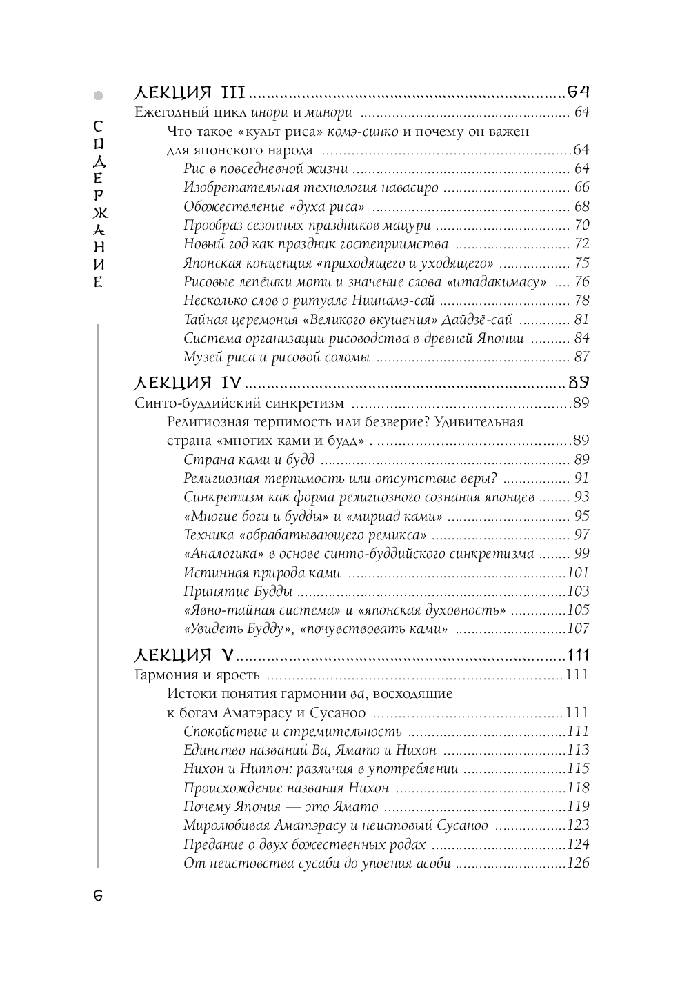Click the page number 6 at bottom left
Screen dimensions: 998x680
coord(98,895)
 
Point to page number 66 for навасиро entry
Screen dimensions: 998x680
coord(581,188)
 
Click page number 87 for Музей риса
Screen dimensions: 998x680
coord(581,357)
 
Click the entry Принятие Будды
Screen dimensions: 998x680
coord(238,591)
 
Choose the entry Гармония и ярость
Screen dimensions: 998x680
coord(197,675)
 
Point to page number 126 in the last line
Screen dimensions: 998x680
coord(578,864)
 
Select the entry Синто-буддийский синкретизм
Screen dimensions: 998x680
coord(239,403)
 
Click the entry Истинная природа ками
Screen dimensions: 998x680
coord(262,572)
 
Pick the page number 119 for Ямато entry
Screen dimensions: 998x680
coord(578,807)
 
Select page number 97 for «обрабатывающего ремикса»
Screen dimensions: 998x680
coord(581,535)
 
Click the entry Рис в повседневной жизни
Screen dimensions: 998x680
coord(266,169)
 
